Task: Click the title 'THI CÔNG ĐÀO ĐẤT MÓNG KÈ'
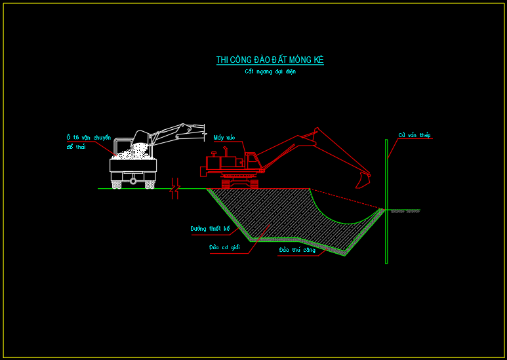pyautogui.click(x=270, y=60)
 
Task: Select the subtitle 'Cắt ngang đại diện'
pyautogui.click(x=270, y=71)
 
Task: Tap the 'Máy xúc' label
pyautogui.click(x=224, y=138)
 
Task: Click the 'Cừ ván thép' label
pyautogui.click(x=415, y=136)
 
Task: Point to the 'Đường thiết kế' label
pyautogui.click(x=210, y=229)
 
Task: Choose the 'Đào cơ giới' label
pyautogui.click(x=224, y=247)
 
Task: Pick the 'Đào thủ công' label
pyautogui.click(x=296, y=250)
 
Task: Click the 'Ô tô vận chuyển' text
pyautogui.click(x=89, y=138)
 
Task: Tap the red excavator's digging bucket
pyautogui.click(x=363, y=179)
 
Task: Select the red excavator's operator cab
pyautogui.click(x=252, y=161)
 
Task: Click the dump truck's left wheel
pyautogui.click(x=117, y=184)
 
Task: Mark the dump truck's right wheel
pyautogui.click(x=150, y=184)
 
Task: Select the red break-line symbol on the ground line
pyautogui.click(x=174, y=188)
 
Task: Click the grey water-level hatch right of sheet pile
pyautogui.click(x=405, y=211)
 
